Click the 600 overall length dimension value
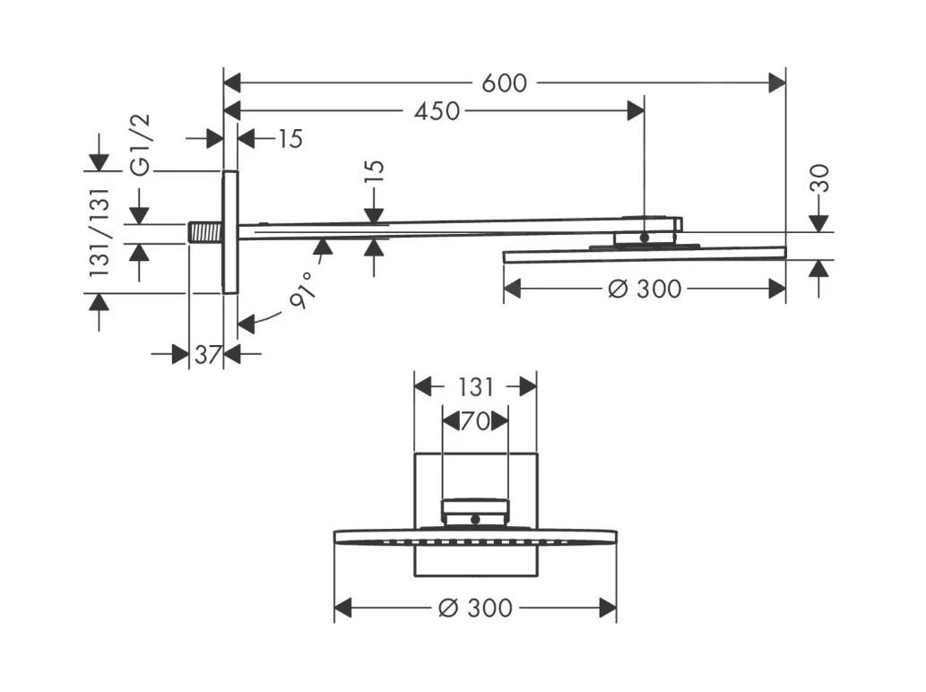point(504,83)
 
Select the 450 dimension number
point(437,111)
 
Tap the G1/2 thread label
point(141,144)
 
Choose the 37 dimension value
point(207,355)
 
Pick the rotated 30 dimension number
point(818,180)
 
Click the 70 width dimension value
point(475,420)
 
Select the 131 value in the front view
point(475,387)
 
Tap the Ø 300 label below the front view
point(475,608)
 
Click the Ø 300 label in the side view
point(644,289)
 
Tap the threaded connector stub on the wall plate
point(205,232)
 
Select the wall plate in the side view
point(229,232)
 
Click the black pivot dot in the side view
point(644,238)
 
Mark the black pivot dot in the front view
point(476,518)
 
